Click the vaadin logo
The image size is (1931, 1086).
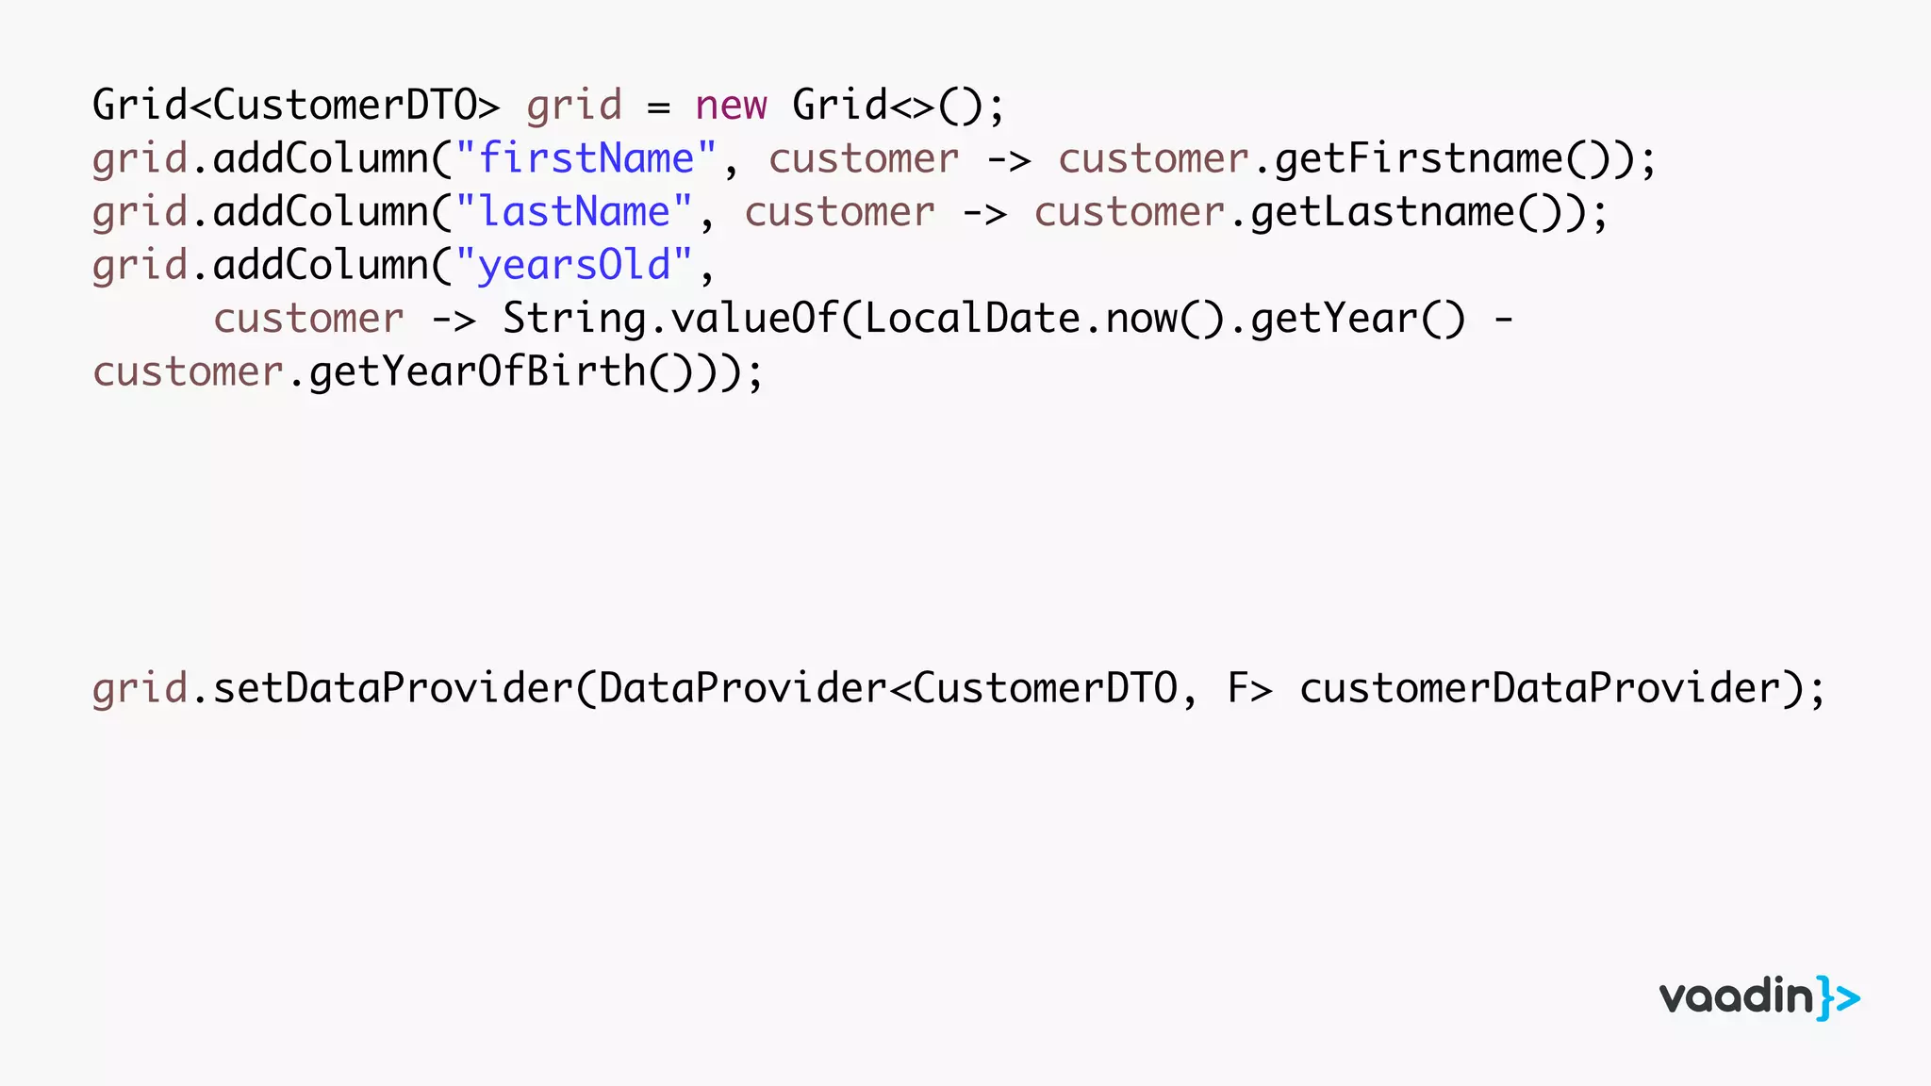point(1758,997)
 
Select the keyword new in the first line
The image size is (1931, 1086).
point(731,106)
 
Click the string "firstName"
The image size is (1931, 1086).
point(586,159)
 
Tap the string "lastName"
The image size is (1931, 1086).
point(574,213)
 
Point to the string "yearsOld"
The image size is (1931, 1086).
point(574,266)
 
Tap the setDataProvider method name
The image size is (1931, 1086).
point(392,688)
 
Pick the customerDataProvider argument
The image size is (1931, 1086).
point(1540,688)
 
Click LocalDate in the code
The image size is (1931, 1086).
point(971,319)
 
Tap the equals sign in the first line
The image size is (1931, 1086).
point(658,107)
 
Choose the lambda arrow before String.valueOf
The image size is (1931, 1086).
point(453,320)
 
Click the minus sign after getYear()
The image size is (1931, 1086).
point(1503,320)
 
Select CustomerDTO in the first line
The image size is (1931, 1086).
point(344,106)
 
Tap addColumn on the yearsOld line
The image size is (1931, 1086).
point(321,266)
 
